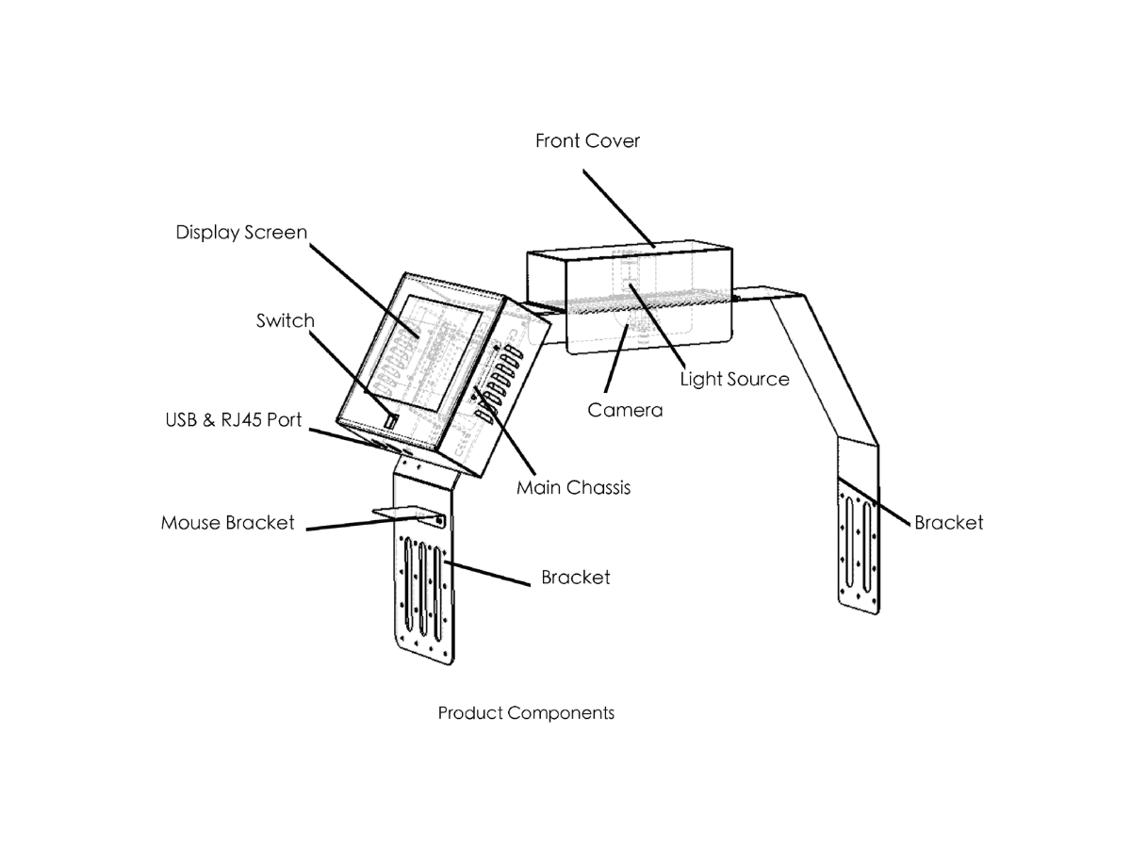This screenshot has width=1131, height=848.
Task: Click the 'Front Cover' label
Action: [x=587, y=140]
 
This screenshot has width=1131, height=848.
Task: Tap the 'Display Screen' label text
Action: [x=241, y=233]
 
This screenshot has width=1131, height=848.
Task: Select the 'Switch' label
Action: [x=286, y=320]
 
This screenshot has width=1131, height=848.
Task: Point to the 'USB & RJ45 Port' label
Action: [x=234, y=420]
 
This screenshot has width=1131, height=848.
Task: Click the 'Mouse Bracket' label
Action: [x=228, y=523]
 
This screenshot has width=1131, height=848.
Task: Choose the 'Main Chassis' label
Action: [x=573, y=487]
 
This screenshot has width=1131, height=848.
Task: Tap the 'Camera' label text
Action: [x=625, y=411]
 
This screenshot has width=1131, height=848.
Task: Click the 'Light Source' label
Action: [x=735, y=380]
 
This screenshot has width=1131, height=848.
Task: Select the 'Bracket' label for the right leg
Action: [x=948, y=523]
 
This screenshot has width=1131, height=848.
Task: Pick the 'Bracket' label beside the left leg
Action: [x=576, y=578]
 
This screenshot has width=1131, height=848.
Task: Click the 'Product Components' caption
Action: [x=526, y=713]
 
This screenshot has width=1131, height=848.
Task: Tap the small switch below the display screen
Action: [x=391, y=420]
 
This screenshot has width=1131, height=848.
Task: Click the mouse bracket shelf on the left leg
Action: [x=408, y=515]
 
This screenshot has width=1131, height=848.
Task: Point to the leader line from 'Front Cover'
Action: [x=619, y=208]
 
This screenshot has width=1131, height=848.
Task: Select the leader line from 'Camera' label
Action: [x=616, y=358]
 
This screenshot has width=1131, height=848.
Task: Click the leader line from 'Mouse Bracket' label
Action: [x=373, y=523]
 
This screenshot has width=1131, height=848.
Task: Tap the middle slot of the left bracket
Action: [x=422, y=589]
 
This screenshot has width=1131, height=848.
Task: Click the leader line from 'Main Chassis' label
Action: [x=505, y=431]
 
